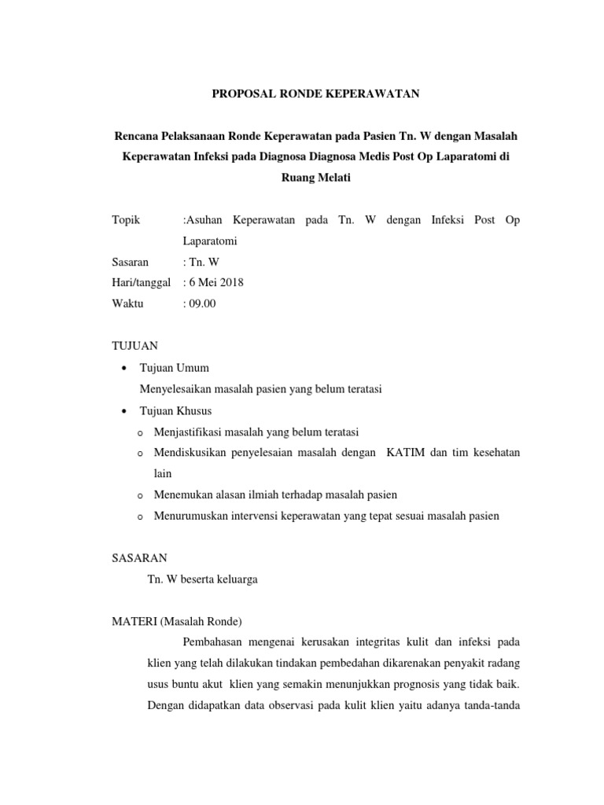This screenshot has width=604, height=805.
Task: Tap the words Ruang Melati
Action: (315, 178)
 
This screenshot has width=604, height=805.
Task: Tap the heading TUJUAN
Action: (136, 346)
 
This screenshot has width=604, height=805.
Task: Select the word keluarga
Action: (237, 579)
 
